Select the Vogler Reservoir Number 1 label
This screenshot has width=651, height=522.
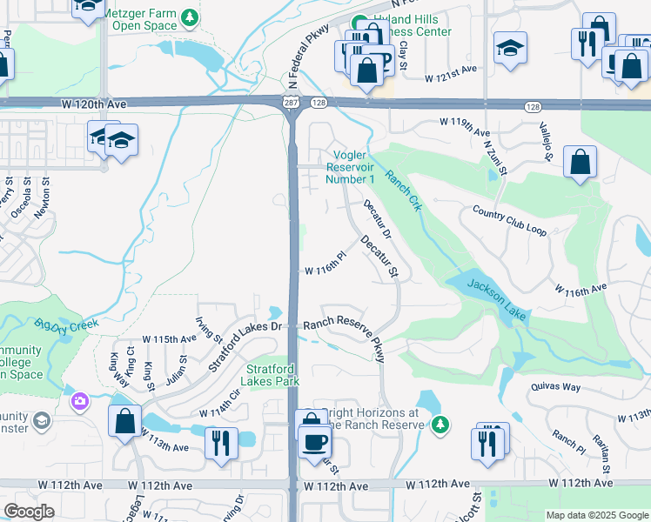point(350,167)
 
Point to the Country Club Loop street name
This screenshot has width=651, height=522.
point(509,222)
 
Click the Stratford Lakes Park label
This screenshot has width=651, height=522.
point(271,375)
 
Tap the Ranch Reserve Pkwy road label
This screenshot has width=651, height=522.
point(343,334)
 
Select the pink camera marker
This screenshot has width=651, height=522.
point(80,400)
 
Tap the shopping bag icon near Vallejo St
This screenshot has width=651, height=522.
point(580,163)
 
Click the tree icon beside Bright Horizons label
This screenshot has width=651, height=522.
point(440,424)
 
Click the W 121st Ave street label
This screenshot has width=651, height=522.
point(452,79)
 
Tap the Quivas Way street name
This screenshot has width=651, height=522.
point(554,388)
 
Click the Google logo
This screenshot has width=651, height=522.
point(29,512)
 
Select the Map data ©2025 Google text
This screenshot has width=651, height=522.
point(596,515)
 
